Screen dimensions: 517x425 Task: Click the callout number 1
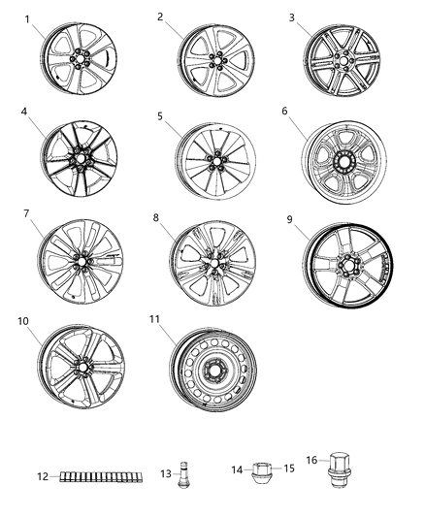27,19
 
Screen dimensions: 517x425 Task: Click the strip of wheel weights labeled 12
96,475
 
